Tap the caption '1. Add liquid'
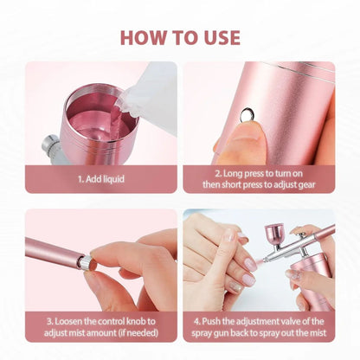pyautogui.click(x=100, y=179)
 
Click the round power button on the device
pyautogui.click(x=248, y=111)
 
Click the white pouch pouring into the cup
pyautogui.click(x=151, y=95)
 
